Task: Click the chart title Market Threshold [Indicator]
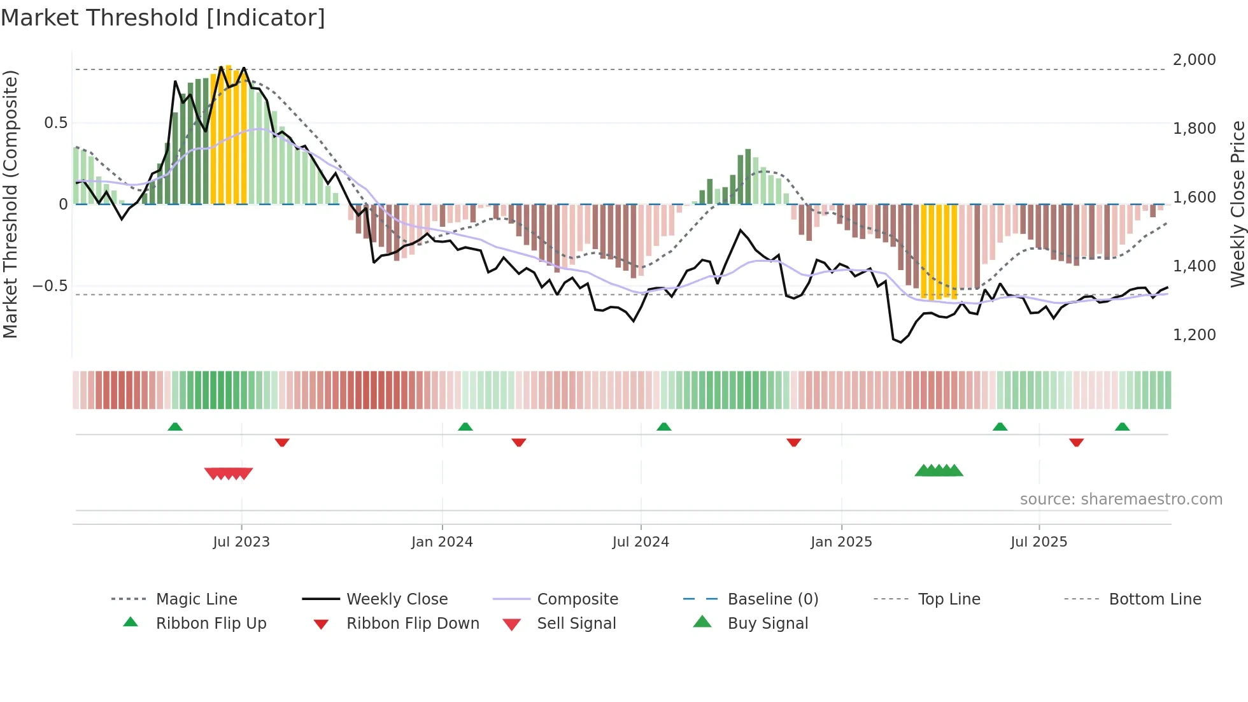163,18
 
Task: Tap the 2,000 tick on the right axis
1194,60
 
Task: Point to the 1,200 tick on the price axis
1194,335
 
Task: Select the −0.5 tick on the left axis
50,286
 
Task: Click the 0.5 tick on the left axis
55,123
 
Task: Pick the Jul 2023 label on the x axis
241,542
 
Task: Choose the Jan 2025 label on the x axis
841,542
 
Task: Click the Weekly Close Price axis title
1237,204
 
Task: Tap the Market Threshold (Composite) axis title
10,204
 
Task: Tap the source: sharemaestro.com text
1121,499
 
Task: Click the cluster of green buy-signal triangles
939,471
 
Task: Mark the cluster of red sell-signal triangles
229,473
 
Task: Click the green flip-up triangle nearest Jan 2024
465,427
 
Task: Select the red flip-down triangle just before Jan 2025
793,442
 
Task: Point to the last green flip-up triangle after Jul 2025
1122,427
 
